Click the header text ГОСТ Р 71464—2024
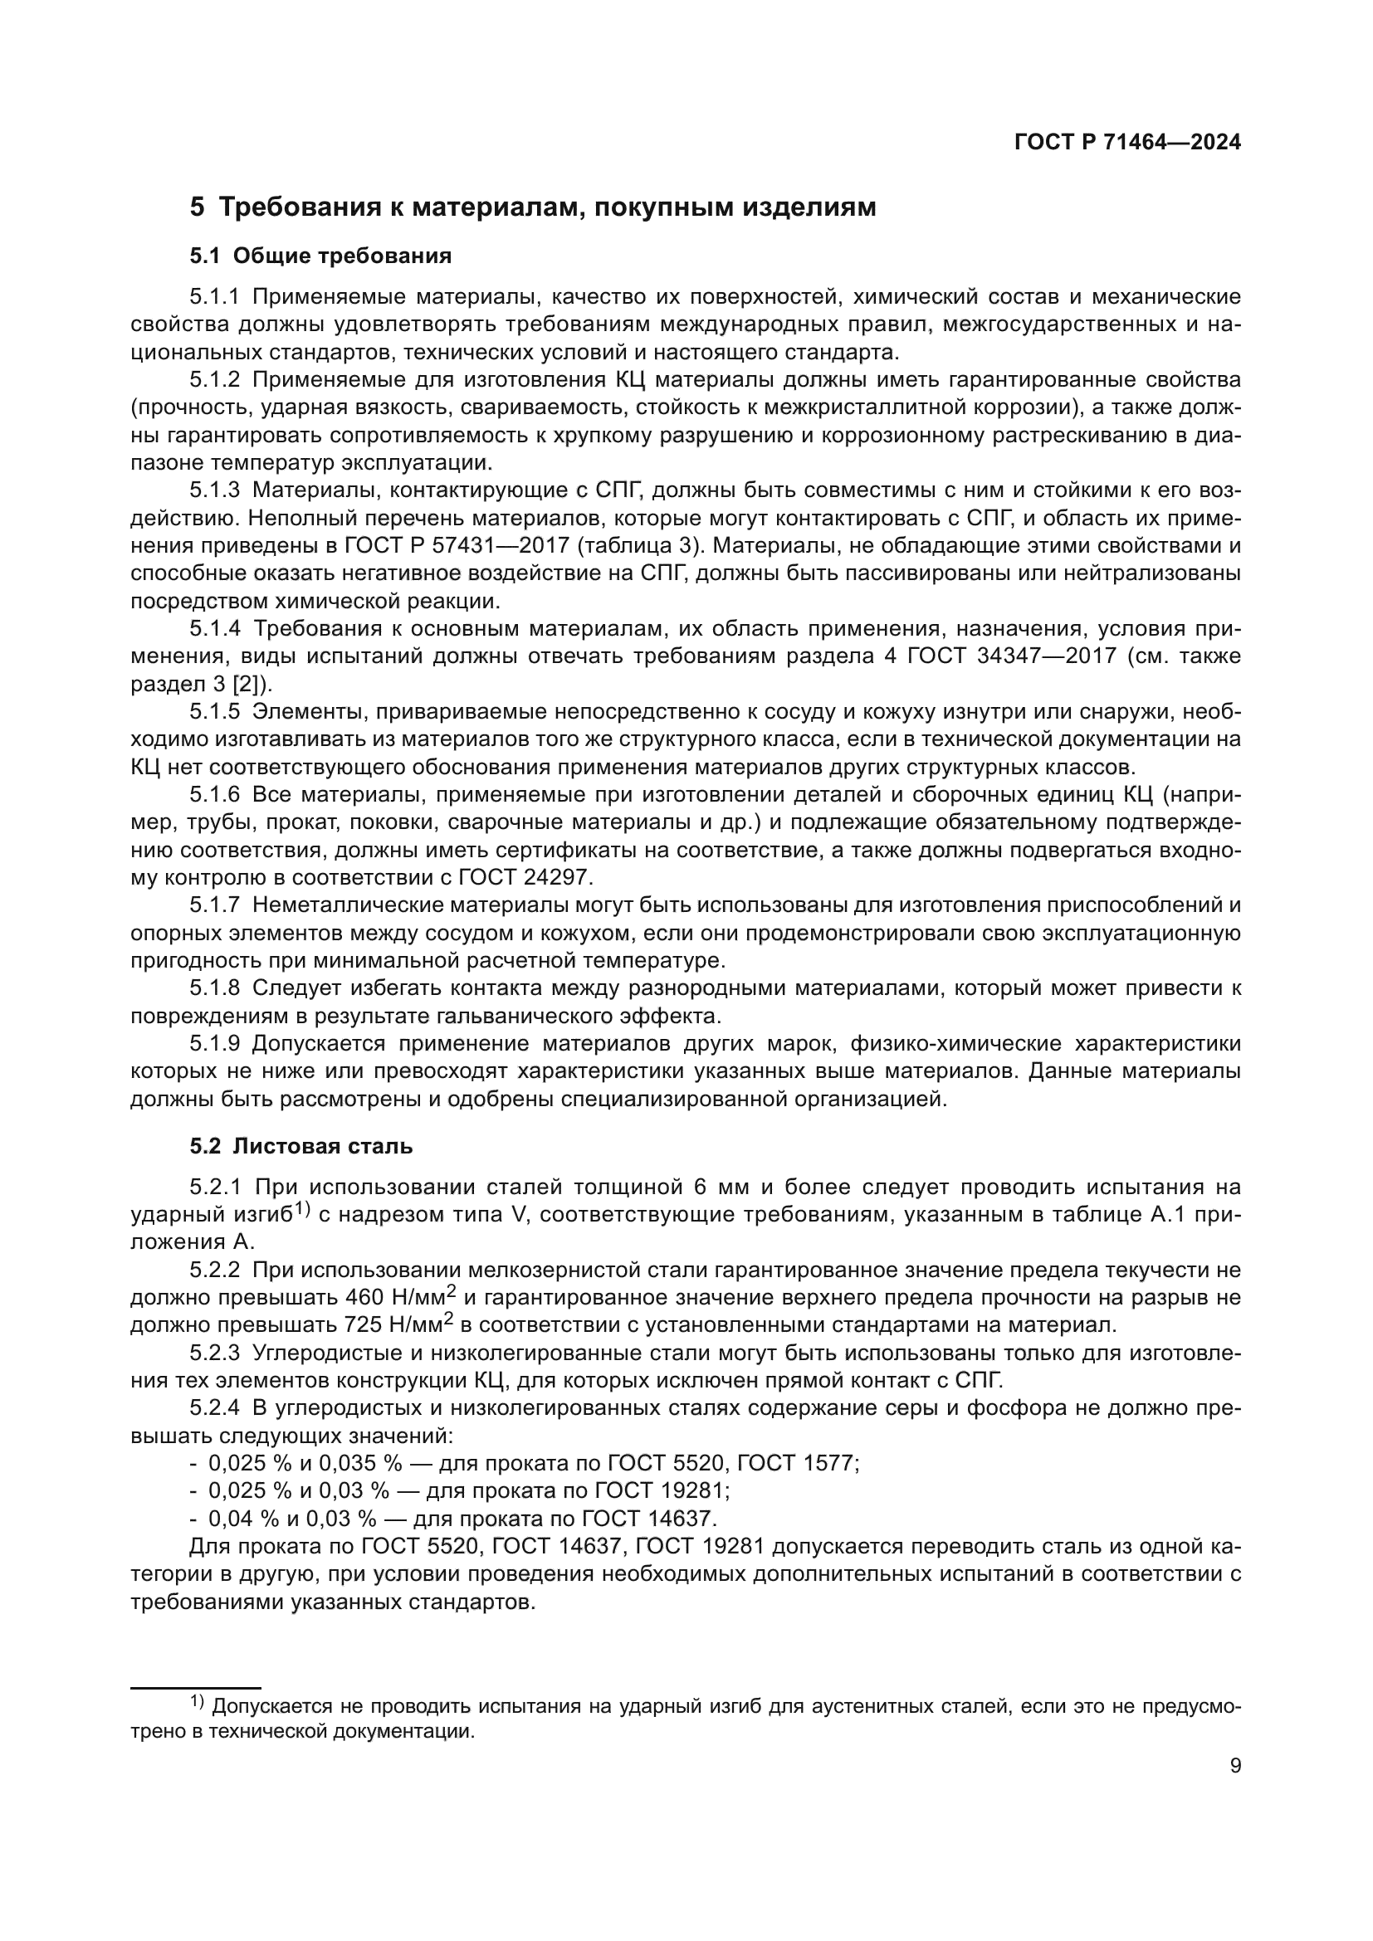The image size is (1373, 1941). coord(1127,143)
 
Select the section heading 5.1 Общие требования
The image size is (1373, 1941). coord(320,256)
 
